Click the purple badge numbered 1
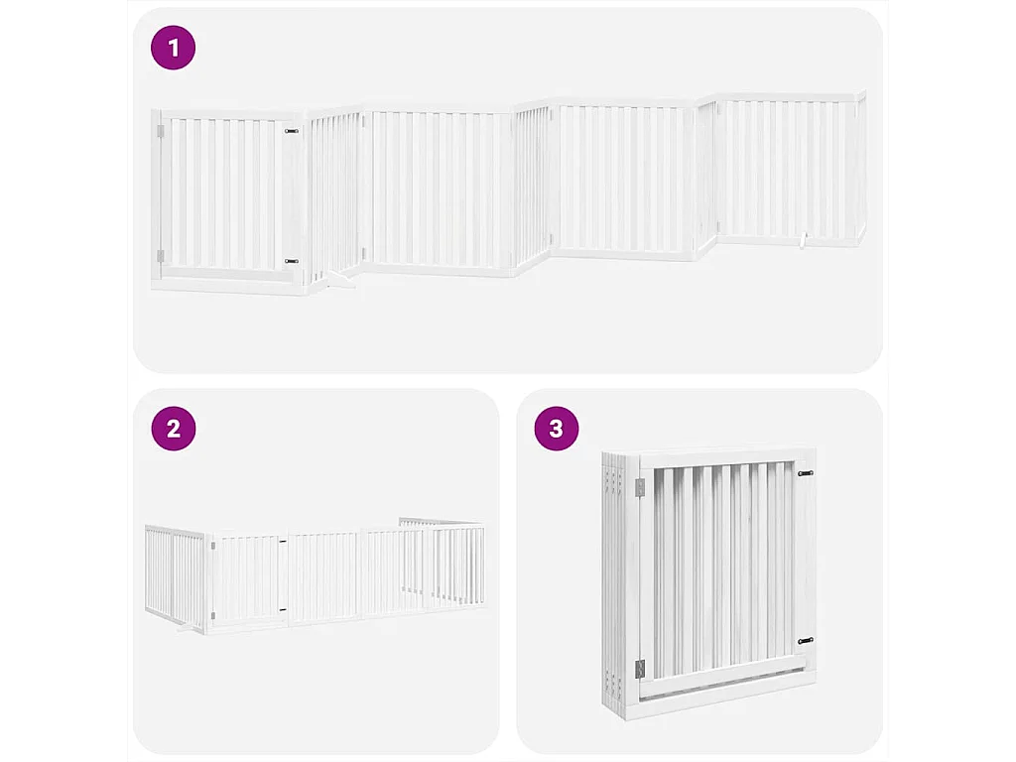[174, 48]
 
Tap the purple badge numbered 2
[174, 429]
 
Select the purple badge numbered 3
[556, 429]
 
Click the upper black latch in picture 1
[291, 130]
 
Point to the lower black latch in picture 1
[291, 261]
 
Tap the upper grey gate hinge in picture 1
[160, 131]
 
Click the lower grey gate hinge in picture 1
[160, 254]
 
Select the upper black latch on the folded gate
[805, 473]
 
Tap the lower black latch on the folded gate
[805, 641]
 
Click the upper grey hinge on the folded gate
[638, 485]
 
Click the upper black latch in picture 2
[283, 542]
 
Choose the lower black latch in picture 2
[283, 609]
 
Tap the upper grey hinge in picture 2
[212, 545]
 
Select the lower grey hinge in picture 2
[212, 618]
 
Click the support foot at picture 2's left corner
[186, 627]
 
